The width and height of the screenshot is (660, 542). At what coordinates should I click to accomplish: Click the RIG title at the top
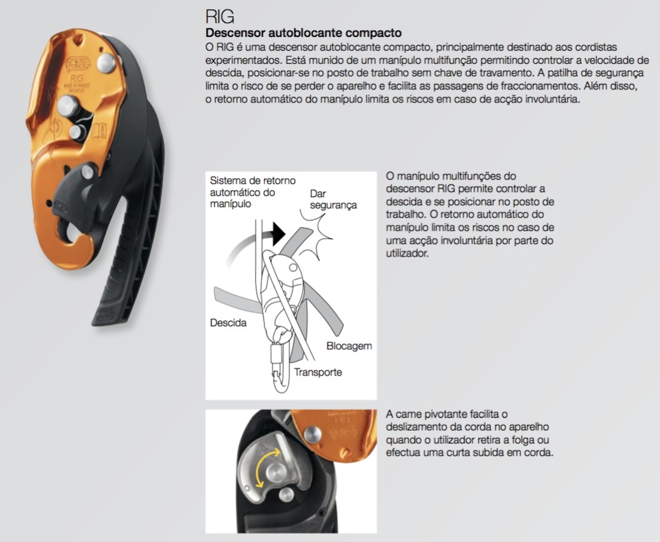(220, 16)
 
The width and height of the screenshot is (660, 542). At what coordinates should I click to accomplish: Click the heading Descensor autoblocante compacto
(303, 33)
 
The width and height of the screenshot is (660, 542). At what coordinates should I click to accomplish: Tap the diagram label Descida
(228, 323)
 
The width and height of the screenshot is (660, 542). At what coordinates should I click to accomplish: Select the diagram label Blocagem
(349, 346)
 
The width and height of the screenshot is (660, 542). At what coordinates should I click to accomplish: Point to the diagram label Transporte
(318, 372)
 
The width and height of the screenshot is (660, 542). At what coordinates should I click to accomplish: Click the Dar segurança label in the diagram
(333, 199)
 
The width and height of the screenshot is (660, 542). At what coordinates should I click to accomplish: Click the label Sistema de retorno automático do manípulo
(253, 192)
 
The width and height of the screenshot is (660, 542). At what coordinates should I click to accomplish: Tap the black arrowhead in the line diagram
(278, 233)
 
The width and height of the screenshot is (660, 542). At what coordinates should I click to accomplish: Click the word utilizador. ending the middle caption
(407, 253)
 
